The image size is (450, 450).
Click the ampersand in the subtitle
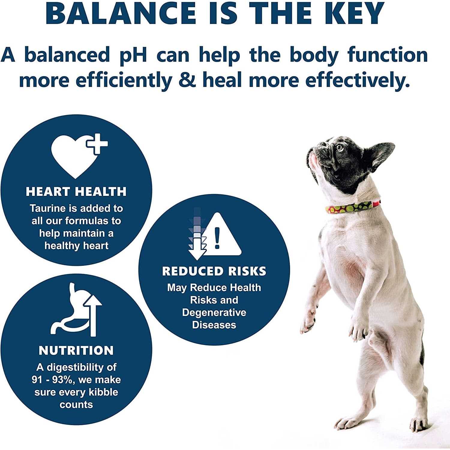[188, 80]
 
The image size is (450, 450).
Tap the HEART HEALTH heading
[76, 191]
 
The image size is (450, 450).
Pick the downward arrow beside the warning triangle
[196, 240]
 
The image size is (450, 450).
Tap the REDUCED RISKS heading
[214, 271]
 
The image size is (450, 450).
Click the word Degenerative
[214, 312]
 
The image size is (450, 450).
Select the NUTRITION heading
[76, 350]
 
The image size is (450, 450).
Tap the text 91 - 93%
[52, 380]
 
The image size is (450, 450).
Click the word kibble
[103, 392]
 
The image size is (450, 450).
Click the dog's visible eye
[339, 147]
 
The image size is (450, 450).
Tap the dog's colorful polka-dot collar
[352, 207]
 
